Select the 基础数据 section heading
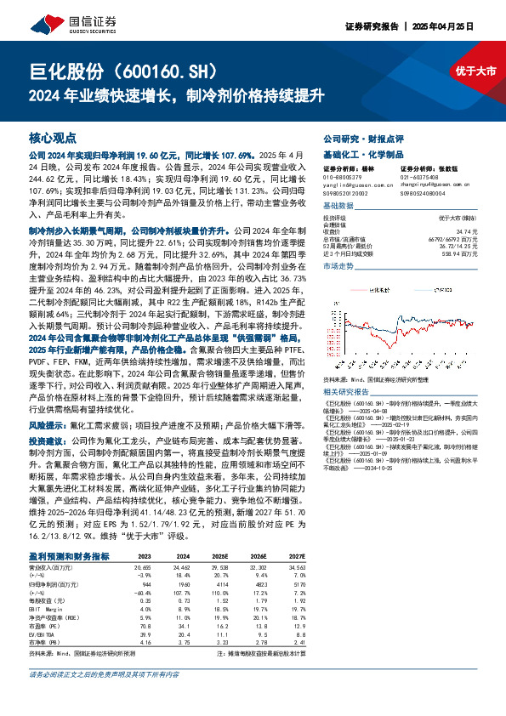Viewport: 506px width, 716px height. pyautogui.click(x=338, y=207)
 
